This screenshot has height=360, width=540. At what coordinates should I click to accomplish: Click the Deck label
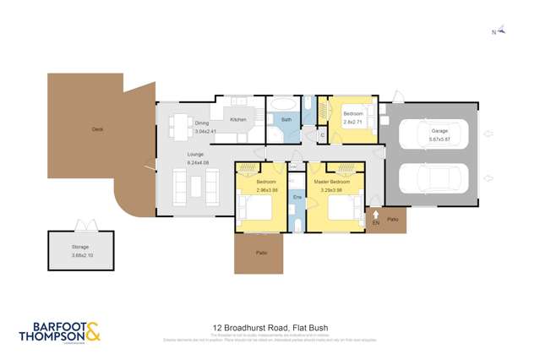point(97,129)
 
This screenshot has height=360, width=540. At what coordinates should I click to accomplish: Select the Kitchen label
point(238,119)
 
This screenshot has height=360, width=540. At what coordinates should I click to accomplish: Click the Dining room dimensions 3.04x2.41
point(206,132)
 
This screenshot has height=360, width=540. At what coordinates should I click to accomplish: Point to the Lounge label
point(196,154)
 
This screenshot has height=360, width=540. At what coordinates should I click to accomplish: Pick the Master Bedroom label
point(334,183)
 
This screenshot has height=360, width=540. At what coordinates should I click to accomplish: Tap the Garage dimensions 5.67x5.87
point(439,138)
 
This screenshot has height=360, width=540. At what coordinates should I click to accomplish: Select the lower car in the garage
point(429,179)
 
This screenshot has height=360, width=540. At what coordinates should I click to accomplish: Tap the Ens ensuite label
point(297,197)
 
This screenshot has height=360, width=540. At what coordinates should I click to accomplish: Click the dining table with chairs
point(180,127)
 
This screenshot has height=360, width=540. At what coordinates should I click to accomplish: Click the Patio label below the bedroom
point(259,253)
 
